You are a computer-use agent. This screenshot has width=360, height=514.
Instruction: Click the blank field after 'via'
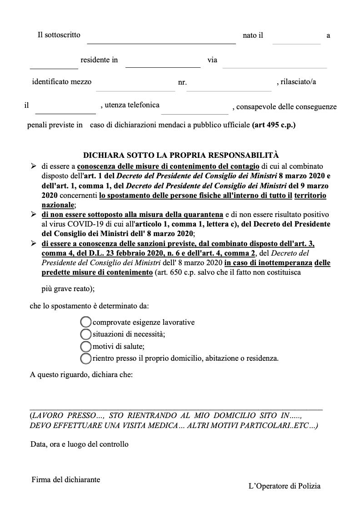point(275,63)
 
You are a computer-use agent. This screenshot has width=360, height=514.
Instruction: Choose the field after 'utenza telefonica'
point(195,109)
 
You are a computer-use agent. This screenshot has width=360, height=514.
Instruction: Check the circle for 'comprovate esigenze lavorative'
point(86,322)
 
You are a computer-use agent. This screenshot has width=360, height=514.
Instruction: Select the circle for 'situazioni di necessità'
point(86,334)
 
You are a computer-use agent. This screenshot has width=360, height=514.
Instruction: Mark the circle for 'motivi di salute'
point(86,346)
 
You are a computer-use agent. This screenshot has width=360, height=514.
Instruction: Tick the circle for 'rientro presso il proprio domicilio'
point(86,358)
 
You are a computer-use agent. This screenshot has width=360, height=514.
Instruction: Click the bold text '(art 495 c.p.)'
point(274,125)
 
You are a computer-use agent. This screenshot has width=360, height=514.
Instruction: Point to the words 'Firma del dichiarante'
point(66,479)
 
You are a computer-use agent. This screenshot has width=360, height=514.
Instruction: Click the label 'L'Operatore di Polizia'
point(285,486)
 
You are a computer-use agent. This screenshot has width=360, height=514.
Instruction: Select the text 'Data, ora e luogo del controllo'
point(80,444)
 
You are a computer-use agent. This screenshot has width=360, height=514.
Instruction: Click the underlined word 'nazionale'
point(58,205)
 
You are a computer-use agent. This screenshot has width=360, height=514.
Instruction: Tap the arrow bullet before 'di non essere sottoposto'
point(33,214)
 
